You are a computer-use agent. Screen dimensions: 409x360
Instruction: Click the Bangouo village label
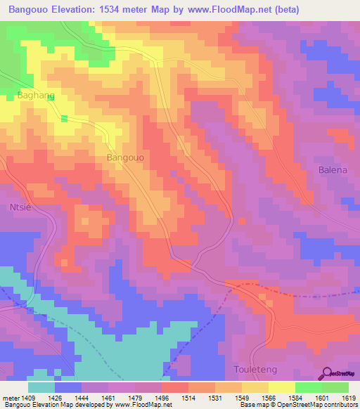point(125,158)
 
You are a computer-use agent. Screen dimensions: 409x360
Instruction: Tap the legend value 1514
point(188,397)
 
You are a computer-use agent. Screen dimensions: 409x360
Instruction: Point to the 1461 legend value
point(108,397)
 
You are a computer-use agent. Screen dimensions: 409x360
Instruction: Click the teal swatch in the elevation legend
point(41,387)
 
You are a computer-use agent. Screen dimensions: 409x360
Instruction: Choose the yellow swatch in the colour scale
point(281,387)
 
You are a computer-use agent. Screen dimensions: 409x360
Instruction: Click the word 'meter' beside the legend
point(11,397)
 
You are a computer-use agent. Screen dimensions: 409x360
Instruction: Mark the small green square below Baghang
point(64,118)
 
